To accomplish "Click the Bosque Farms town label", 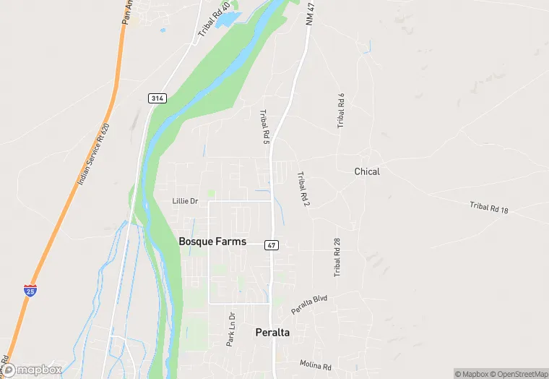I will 212,242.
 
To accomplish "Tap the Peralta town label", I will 272,333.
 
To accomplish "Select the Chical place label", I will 367,171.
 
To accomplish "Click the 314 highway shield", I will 155,97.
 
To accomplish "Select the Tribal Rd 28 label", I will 337,257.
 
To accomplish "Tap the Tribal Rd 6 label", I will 341,111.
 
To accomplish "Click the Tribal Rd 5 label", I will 264,127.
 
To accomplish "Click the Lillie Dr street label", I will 185,201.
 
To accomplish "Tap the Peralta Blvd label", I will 309,304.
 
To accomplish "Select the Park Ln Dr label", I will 230,329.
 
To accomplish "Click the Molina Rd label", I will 316,366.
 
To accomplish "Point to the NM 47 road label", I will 311,14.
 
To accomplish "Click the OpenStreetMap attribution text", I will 518,374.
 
